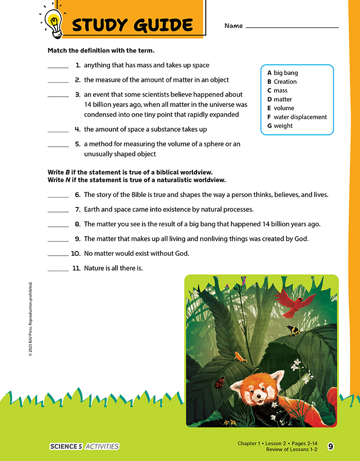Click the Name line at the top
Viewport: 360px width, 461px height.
click(x=292, y=26)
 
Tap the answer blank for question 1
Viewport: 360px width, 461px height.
click(x=58, y=67)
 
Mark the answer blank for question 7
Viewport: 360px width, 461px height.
click(x=58, y=211)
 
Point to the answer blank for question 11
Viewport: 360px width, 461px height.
click(x=58, y=270)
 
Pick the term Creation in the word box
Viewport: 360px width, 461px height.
click(x=282, y=82)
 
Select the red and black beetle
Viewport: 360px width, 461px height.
click(x=220, y=382)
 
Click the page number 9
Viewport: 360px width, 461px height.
click(x=330, y=446)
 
